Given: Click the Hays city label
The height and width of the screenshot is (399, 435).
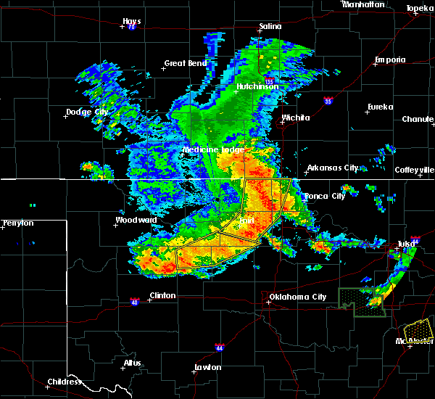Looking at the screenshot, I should pos(131,21).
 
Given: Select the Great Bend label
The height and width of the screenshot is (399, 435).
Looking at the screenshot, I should pos(186,63).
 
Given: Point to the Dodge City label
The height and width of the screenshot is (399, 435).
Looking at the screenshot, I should pos(87,112).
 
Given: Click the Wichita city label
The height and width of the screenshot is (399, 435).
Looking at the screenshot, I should pos(296,118).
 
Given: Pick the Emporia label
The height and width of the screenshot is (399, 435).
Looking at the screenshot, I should pos(390,59).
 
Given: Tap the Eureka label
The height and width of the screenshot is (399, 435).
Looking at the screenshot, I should pos(380,107).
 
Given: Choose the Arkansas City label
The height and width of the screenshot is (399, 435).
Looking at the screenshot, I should pos(333,168).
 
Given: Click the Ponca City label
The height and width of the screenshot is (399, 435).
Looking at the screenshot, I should pos(325,197).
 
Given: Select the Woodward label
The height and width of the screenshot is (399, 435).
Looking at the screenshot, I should pos(136,220).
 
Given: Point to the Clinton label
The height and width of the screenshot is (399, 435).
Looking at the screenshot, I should pos(162,295).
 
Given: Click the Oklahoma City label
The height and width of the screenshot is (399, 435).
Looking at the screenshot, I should pos(297,297).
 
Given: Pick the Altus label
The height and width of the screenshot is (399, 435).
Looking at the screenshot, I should pos(132,363).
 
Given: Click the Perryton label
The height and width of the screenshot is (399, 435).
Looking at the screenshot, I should pos(18,223).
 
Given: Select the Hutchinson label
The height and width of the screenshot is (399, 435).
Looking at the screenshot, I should pos(257,86).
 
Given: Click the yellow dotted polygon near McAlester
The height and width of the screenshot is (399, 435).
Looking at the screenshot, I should pos(418,331).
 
